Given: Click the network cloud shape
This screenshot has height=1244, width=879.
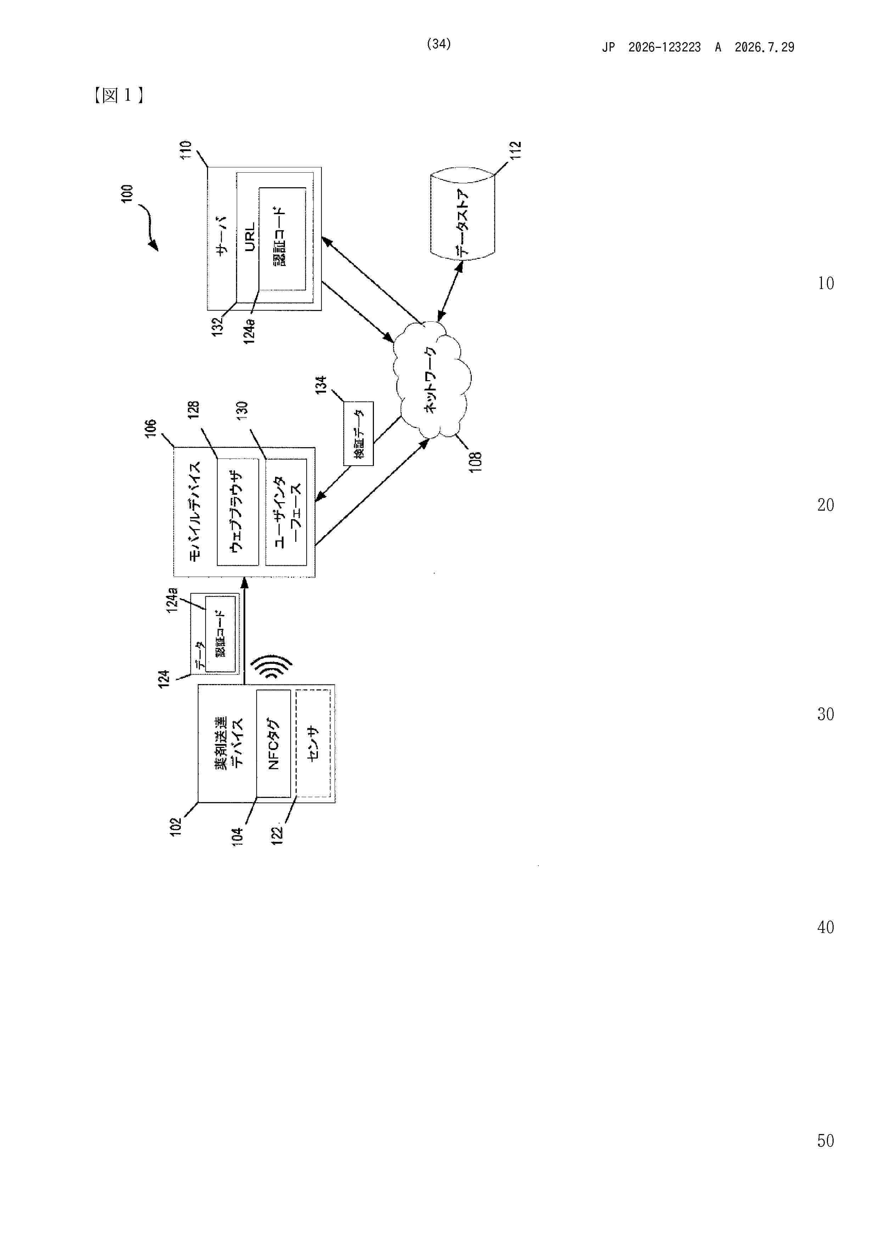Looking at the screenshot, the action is click(x=432, y=379).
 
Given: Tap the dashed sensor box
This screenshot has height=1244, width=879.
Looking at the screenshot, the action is click(x=313, y=743).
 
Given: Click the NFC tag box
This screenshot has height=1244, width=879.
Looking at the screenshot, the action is click(x=274, y=743).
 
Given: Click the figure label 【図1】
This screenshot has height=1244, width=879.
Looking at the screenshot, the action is click(x=119, y=96).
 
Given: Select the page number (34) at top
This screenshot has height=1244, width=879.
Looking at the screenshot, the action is click(x=439, y=44).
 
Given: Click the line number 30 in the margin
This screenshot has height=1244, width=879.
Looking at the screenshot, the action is click(x=825, y=714).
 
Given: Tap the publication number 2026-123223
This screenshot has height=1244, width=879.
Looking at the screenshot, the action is click(x=665, y=47).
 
